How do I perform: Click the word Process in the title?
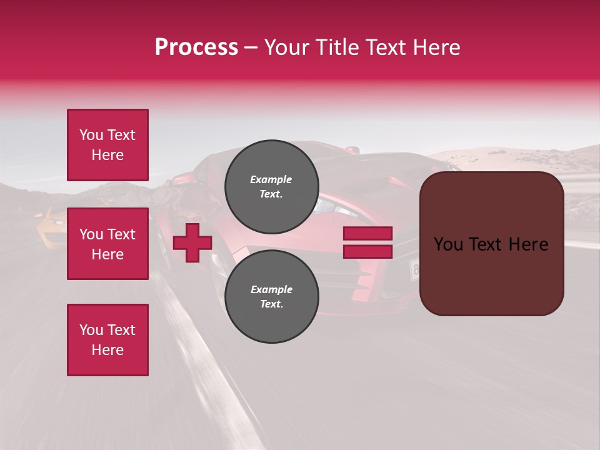pyautogui.click(x=196, y=47)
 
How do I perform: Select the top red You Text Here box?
pyautogui.click(x=107, y=145)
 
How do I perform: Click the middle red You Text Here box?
pyautogui.click(x=107, y=244)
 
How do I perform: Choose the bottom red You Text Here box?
pyautogui.click(x=107, y=340)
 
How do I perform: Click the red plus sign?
pyautogui.click(x=192, y=242)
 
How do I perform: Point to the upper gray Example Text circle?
pyautogui.click(x=271, y=186)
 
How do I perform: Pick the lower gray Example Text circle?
pyautogui.click(x=271, y=296)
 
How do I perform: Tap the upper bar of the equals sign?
pyautogui.click(x=367, y=234)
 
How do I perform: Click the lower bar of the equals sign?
pyautogui.click(x=367, y=252)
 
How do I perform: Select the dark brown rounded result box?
pyautogui.click(x=491, y=244)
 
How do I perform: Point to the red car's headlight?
pyautogui.click(x=331, y=206)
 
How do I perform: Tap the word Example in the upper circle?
pyautogui.click(x=271, y=179)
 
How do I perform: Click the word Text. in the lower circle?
pyautogui.click(x=271, y=304)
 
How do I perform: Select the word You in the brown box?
pyautogui.click(x=447, y=244)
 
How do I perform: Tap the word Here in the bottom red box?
pyautogui.click(x=107, y=350)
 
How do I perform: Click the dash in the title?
pyautogui.click(x=251, y=47)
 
